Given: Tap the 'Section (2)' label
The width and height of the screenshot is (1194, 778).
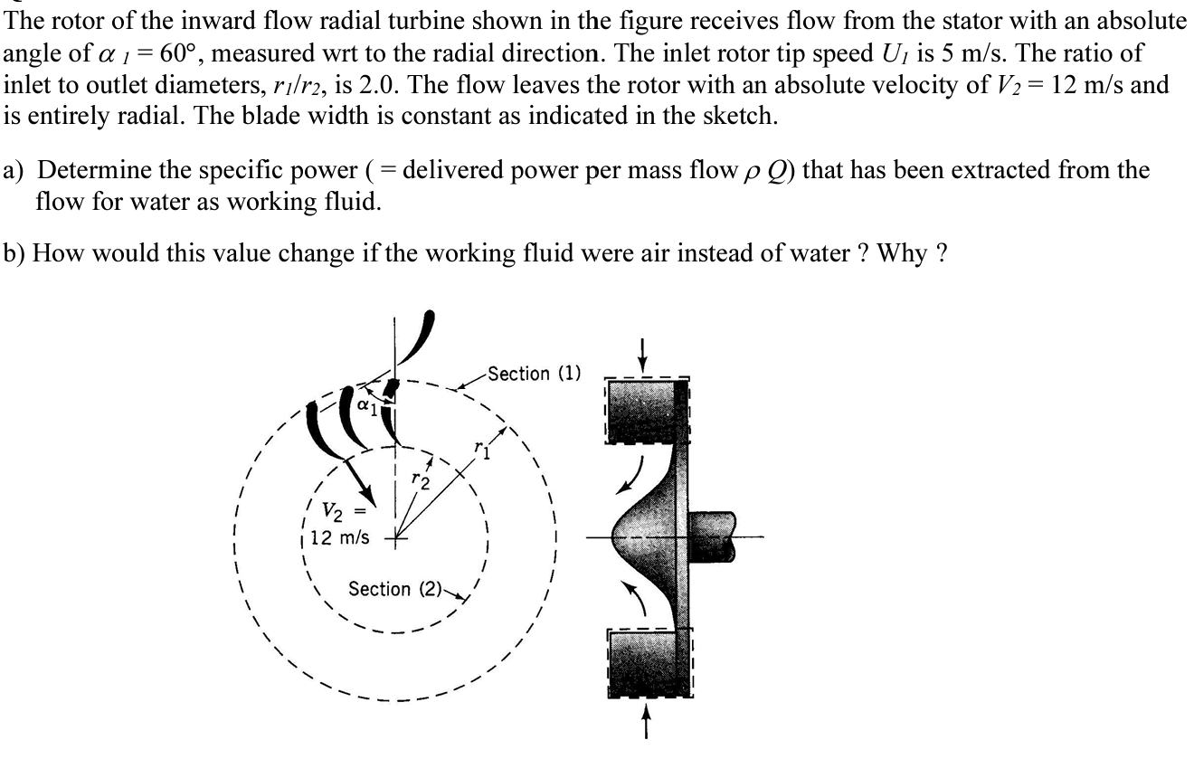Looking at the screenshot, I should (393, 589).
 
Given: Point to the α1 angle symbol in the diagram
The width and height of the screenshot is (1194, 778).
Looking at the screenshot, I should (365, 404).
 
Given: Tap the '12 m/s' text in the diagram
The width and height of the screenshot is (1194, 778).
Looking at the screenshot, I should (339, 537).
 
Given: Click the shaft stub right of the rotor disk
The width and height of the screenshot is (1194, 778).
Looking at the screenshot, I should (715, 538).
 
